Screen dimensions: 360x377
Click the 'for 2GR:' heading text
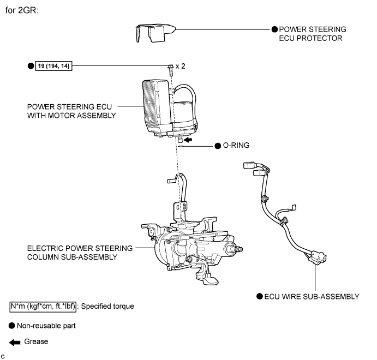[22, 10]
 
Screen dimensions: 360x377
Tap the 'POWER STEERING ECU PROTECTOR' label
[313, 33]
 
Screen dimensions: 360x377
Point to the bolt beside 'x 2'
[170, 68]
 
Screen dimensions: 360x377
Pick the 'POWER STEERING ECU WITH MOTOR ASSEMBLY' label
[73, 111]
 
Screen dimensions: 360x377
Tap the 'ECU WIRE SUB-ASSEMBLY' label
[312, 296]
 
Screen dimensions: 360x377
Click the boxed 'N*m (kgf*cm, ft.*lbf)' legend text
[41, 306]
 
